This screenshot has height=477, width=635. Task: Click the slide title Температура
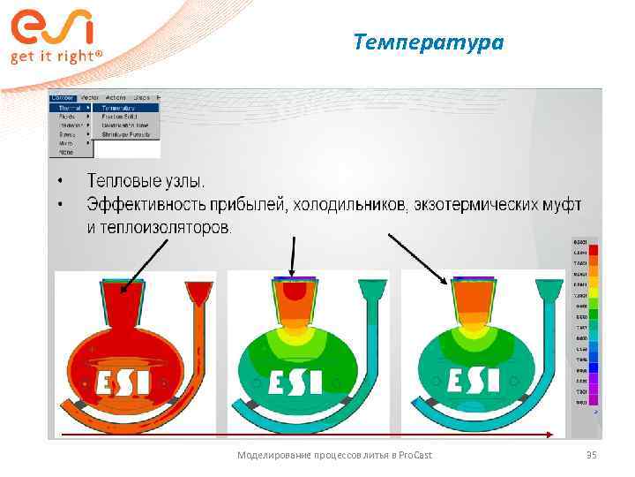[x=428, y=42]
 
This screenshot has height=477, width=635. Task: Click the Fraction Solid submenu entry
[x=121, y=117]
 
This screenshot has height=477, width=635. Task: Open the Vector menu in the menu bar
[x=89, y=97]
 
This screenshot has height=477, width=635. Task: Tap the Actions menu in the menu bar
[x=116, y=97]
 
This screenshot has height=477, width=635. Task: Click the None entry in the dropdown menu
[x=65, y=152]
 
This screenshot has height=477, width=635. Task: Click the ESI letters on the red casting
[x=117, y=382]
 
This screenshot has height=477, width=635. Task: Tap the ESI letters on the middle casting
[x=291, y=382]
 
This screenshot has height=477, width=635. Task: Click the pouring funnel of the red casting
[x=196, y=293]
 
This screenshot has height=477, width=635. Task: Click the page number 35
[x=591, y=454]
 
